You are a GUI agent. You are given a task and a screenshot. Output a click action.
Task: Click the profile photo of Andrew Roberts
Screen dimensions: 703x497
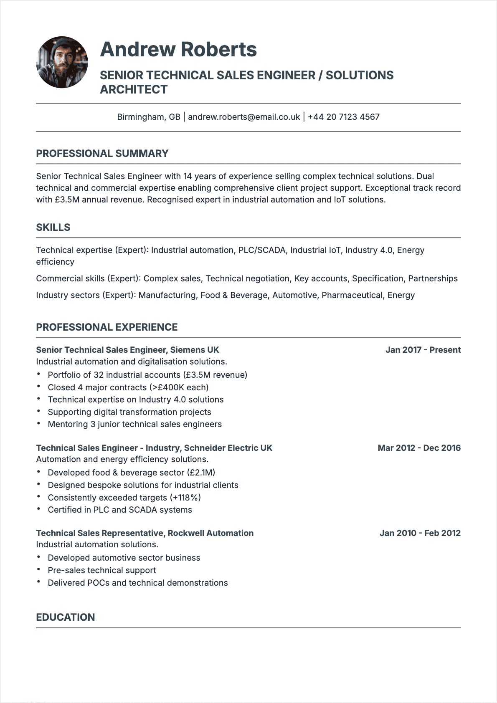point(62,62)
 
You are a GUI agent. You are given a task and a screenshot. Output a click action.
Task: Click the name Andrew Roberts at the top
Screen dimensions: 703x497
point(178,49)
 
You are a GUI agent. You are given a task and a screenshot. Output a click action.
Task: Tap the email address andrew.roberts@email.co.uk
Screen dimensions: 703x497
point(244,117)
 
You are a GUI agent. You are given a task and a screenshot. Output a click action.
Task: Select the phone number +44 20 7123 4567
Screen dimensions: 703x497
point(343,117)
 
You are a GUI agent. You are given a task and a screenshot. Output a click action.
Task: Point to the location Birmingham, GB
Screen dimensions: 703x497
point(149,117)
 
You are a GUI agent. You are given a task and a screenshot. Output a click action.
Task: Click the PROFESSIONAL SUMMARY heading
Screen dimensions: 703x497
point(102,154)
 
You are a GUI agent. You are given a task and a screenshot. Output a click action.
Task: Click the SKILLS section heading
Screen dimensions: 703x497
point(53,228)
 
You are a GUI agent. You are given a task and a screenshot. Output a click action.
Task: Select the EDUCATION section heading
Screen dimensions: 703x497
point(66,617)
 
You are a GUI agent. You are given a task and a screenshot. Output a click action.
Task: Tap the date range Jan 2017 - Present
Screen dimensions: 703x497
point(423,350)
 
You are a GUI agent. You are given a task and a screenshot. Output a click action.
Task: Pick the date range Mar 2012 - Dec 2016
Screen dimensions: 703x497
point(419,448)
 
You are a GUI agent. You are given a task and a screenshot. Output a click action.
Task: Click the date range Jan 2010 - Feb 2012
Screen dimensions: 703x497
point(420,533)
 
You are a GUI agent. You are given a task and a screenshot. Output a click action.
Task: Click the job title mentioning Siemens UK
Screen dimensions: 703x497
point(127,350)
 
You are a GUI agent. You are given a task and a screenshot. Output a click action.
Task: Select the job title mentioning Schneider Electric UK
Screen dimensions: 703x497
point(154,448)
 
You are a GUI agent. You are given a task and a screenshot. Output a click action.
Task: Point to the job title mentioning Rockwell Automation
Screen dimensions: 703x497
point(145,533)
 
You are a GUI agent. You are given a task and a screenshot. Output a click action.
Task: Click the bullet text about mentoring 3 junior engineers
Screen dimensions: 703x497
point(134,424)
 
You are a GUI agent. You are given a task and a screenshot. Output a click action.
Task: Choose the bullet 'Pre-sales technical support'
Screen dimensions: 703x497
point(101,570)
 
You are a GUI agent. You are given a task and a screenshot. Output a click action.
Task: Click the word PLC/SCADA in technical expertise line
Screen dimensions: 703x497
point(262,250)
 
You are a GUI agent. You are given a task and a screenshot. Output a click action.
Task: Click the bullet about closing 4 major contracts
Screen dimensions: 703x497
point(128,387)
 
